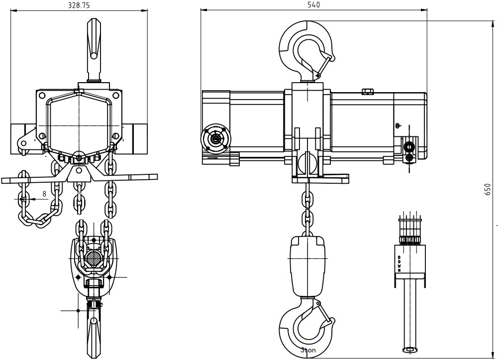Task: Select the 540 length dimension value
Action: [314, 5]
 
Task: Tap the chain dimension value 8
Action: [44, 194]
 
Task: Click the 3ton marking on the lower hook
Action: [308, 350]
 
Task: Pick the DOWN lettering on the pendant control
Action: [399, 264]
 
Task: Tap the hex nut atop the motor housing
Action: [367, 91]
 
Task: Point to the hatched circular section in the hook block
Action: [94, 258]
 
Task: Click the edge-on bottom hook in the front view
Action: [94, 331]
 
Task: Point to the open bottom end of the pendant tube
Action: [410, 350]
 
